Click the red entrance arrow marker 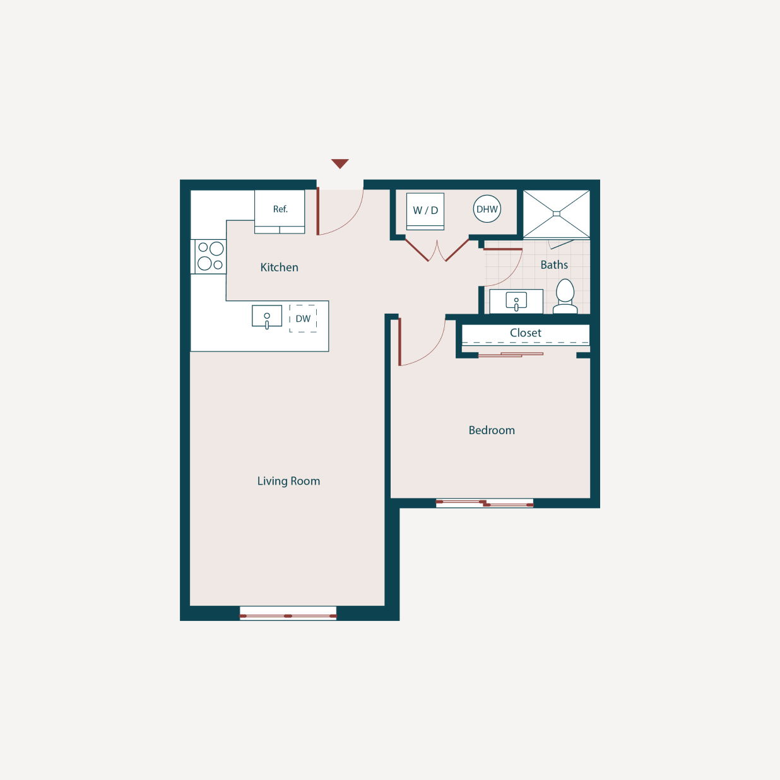[340, 163]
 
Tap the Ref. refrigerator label [280, 209]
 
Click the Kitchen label [279, 268]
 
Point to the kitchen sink [267, 316]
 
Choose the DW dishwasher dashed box [303, 319]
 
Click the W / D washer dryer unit [425, 211]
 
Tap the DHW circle [487, 210]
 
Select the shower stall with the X [557, 214]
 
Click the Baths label [554, 265]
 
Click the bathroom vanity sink [516, 302]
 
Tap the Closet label [526, 333]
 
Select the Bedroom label [492, 430]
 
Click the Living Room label [288, 481]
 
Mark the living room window [288, 615]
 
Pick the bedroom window [485, 503]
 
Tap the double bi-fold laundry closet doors [437, 251]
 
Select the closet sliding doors [511, 355]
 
